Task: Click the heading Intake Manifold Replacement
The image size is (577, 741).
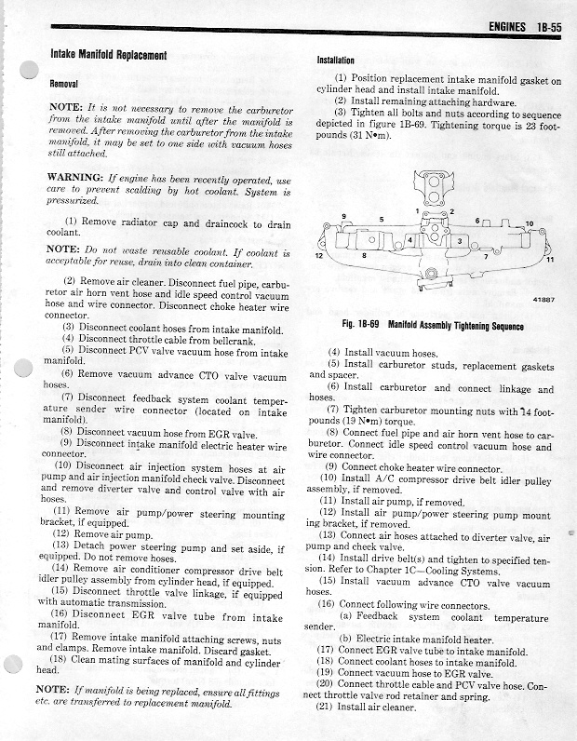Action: click(x=108, y=55)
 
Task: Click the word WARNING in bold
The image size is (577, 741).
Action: click(x=74, y=178)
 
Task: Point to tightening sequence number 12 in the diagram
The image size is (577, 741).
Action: click(x=318, y=255)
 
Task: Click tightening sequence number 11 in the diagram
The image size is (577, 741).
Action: click(x=549, y=259)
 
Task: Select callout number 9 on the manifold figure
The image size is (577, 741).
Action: click(x=343, y=217)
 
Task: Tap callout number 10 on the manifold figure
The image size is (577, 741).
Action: click(x=529, y=223)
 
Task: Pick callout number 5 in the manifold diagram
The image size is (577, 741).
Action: click(x=381, y=218)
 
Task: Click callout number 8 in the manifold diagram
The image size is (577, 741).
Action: click(x=364, y=254)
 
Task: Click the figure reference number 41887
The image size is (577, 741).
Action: click(x=544, y=300)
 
